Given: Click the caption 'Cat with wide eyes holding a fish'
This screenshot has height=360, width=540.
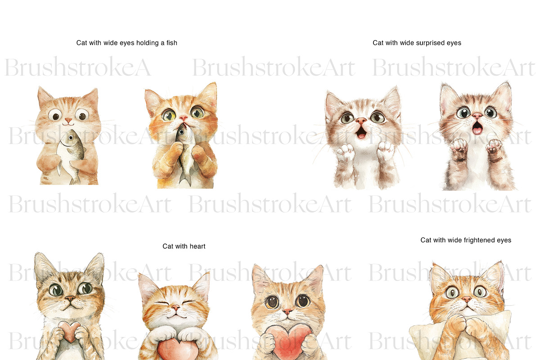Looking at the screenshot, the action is click(127, 43).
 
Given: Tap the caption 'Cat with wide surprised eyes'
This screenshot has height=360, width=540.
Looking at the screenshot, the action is click(417, 43).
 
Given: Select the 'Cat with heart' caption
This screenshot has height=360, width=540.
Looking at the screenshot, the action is click(184, 246).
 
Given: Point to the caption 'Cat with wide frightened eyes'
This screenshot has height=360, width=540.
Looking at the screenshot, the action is click(466, 240).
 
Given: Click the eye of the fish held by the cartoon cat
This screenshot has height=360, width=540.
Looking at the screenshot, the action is click(71, 138).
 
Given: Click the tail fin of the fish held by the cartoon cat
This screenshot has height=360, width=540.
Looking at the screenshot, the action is click(75, 180).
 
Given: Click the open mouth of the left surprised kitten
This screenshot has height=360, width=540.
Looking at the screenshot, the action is click(361, 132).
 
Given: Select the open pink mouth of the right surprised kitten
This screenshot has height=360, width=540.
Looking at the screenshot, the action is click(477, 128).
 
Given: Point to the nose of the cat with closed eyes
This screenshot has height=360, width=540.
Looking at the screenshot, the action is click(175, 307).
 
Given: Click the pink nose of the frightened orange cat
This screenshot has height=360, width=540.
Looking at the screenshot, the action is click(467, 300).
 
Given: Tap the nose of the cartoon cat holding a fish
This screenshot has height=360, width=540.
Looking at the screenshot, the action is click(68, 120).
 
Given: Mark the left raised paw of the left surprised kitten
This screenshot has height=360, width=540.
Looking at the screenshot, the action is click(345, 152).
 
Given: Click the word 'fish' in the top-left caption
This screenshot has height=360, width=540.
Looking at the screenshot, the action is click(171, 43).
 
